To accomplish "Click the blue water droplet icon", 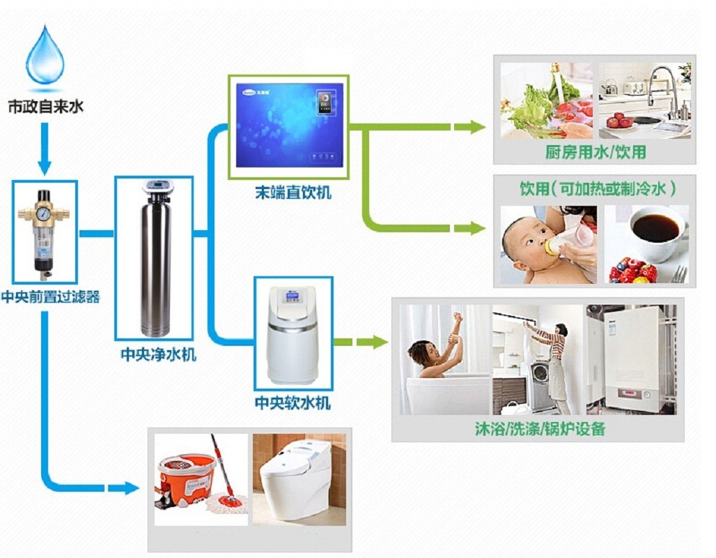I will pyautogui.click(x=45, y=56).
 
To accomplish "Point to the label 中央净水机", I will pyautogui.click(x=158, y=355).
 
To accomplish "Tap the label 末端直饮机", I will pyautogui.click(x=292, y=193).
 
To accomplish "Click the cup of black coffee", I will pyautogui.click(x=655, y=230).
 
